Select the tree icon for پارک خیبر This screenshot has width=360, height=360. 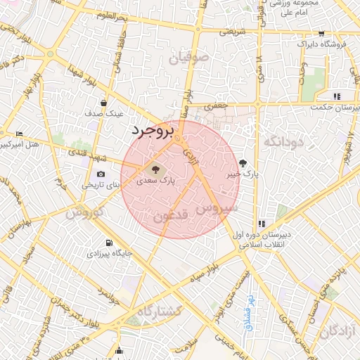pyautogui.click(x=243, y=162)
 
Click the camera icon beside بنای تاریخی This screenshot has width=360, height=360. pyautogui.click(x=101, y=174)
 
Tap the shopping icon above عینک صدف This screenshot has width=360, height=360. pyautogui.click(x=104, y=103)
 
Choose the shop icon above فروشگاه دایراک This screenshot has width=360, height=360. pyautogui.click(x=321, y=33)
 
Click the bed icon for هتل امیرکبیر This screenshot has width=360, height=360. pyautogui.click(x=19, y=134)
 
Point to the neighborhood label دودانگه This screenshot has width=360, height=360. pyautogui.click(x=283, y=141)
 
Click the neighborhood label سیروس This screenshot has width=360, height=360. pyautogui.click(x=217, y=208)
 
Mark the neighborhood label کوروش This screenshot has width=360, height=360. pyautogui.click(x=86, y=212)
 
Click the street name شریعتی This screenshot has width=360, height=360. pyautogui.click(x=232, y=32)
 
